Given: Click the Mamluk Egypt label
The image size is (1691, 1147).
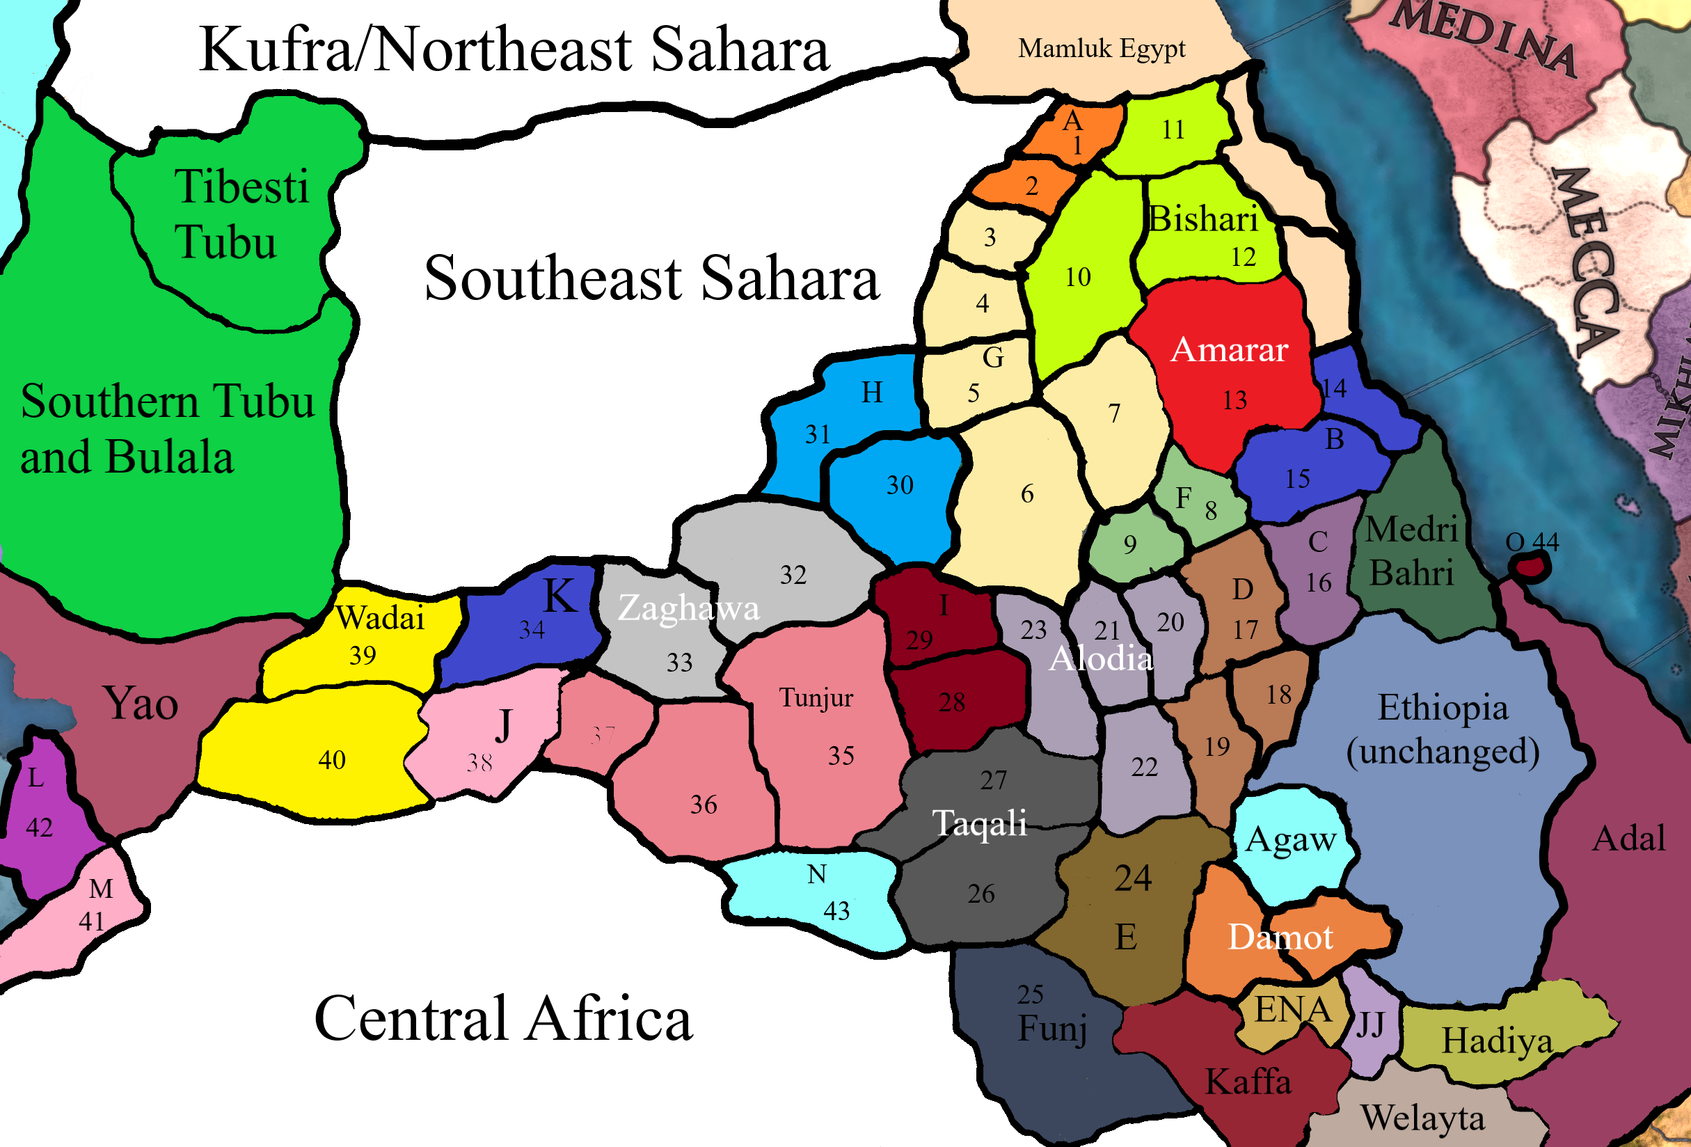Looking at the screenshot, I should [x=1101, y=49].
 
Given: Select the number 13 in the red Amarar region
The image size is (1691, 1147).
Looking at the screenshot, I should [x=1234, y=400].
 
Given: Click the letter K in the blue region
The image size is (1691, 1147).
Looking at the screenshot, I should [x=560, y=596].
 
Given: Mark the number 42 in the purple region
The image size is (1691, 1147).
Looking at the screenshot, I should [x=39, y=828].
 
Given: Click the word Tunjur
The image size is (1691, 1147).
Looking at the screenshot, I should [x=816, y=698].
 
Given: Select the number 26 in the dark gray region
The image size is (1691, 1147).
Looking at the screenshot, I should [x=981, y=894].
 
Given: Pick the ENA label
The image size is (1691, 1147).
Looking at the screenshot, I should [x=1293, y=1010].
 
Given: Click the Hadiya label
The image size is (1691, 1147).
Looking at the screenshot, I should [x=1497, y=1041].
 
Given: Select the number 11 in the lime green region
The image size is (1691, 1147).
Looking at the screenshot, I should [x=1173, y=129].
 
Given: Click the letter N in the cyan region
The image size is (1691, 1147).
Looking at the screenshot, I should [x=816, y=874].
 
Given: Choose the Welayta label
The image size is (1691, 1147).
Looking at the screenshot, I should [x=1422, y=1118].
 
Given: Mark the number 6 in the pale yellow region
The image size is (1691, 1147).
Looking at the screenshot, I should [x=1027, y=494].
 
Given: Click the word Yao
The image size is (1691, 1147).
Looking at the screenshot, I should [x=141, y=704].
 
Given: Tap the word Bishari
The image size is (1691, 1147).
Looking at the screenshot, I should [x=1202, y=219].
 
